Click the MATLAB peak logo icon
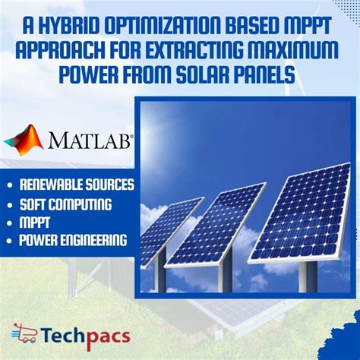[24, 141]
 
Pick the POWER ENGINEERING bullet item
[73, 242]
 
